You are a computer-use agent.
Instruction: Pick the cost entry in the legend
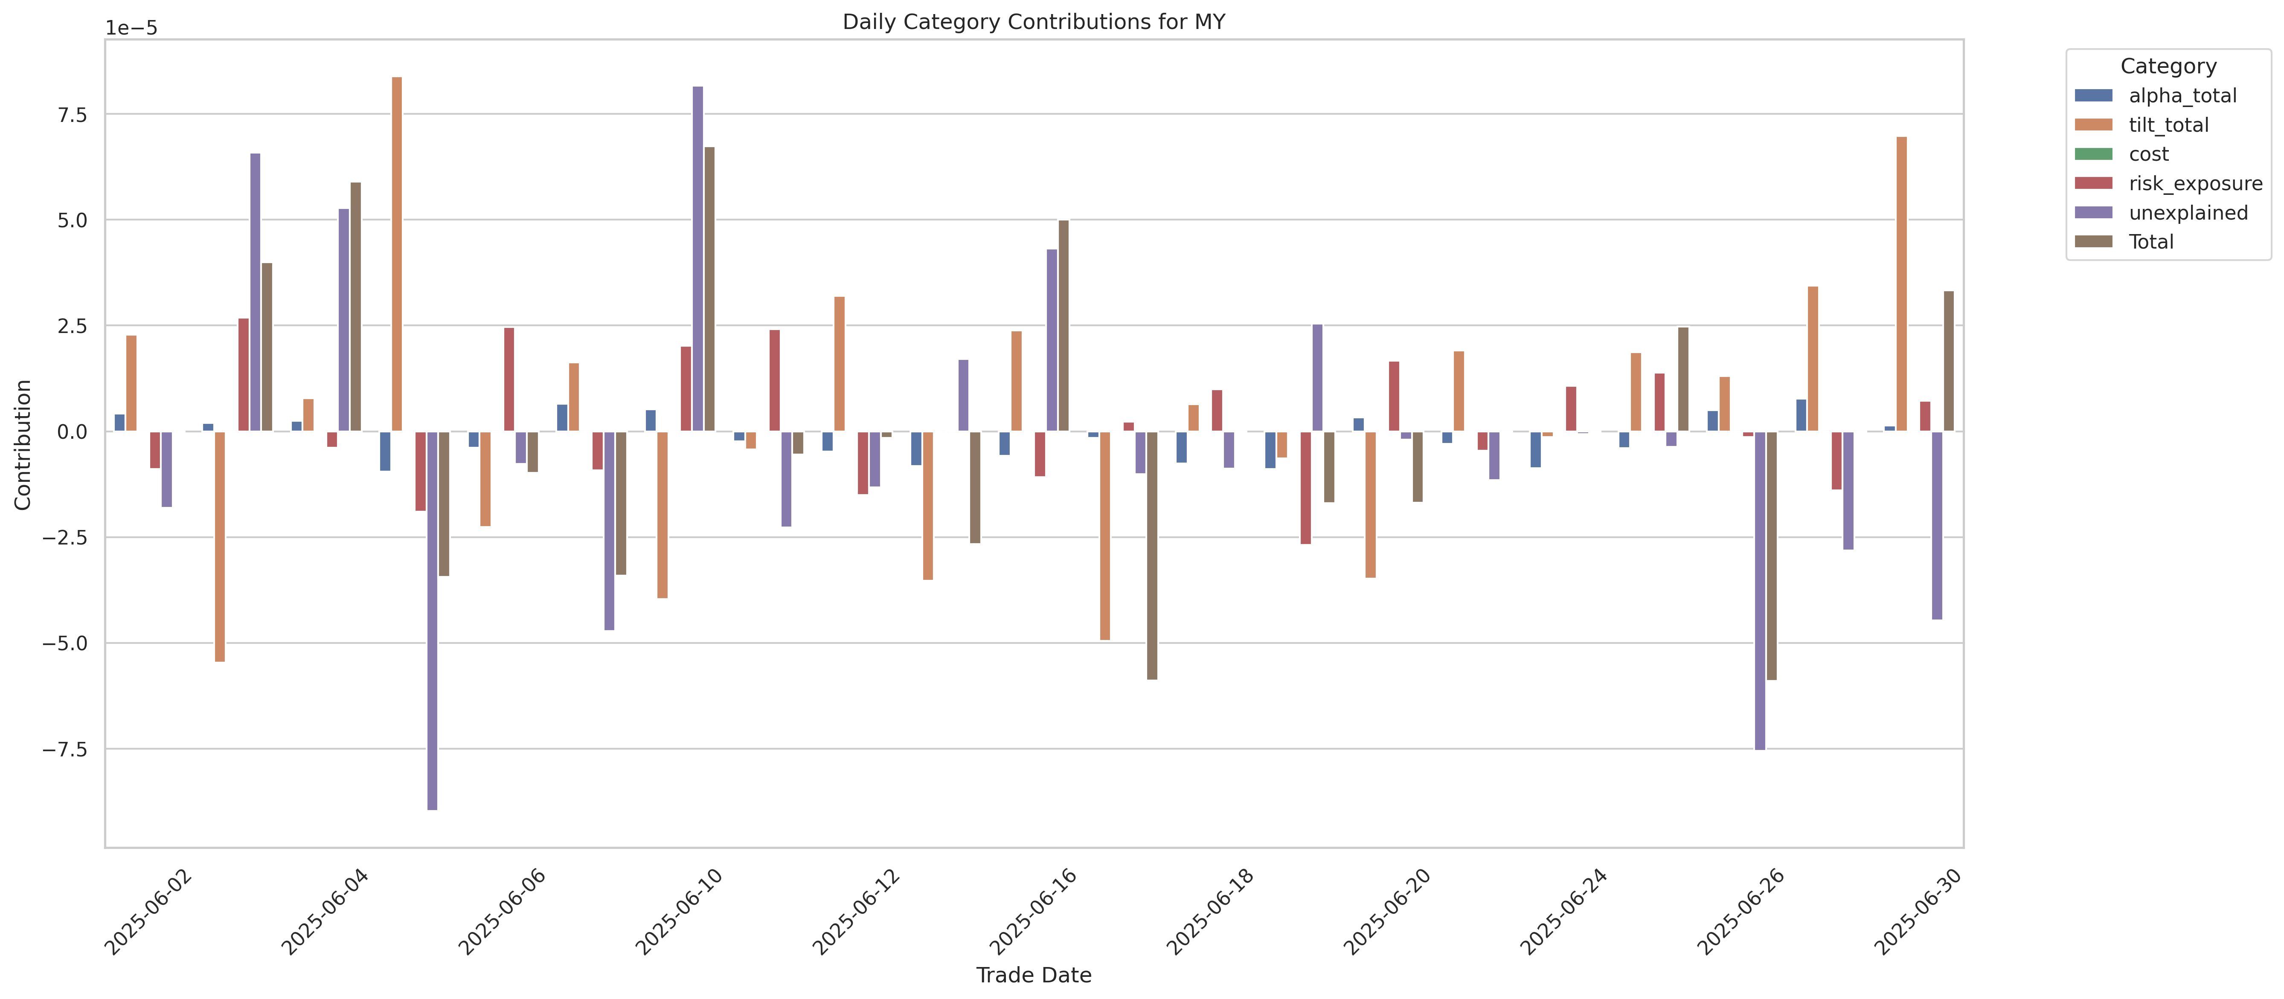coord(2148,154)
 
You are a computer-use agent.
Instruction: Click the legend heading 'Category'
coord(2168,67)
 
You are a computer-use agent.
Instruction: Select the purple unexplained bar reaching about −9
coord(432,620)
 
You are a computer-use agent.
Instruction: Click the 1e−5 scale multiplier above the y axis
coord(131,29)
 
